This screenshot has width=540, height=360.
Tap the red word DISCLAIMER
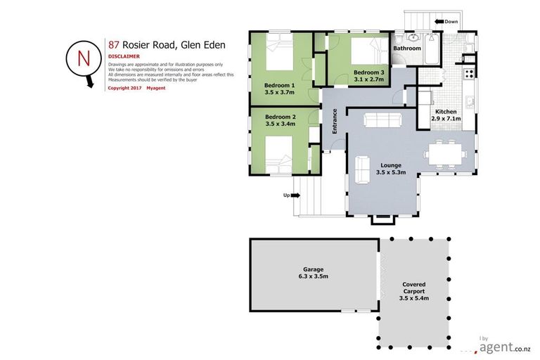[x=124, y=56]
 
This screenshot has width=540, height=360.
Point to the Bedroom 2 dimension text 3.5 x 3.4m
[x=281, y=124]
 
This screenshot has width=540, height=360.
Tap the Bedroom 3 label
[x=369, y=72]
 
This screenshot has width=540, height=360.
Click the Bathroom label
[x=406, y=49]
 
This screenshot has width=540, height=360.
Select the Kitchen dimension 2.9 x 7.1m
[x=446, y=119]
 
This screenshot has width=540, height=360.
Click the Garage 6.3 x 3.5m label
[x=314, y=273]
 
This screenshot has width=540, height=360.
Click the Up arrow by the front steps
[x=289, y=195]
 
